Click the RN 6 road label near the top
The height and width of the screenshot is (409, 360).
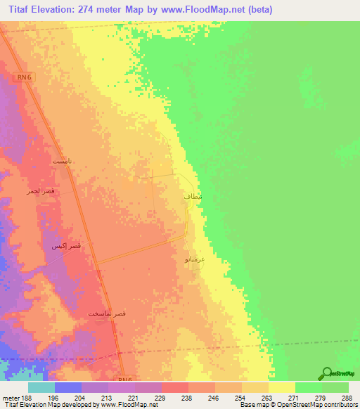[x=24, y=78]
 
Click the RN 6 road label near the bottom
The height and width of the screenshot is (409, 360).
[x=125, y=379]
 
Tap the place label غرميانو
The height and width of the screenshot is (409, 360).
[x=195, y=259]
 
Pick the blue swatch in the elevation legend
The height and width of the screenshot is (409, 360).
[x=67, y=387]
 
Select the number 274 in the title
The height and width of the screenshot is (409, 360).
[x=98, y=9]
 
